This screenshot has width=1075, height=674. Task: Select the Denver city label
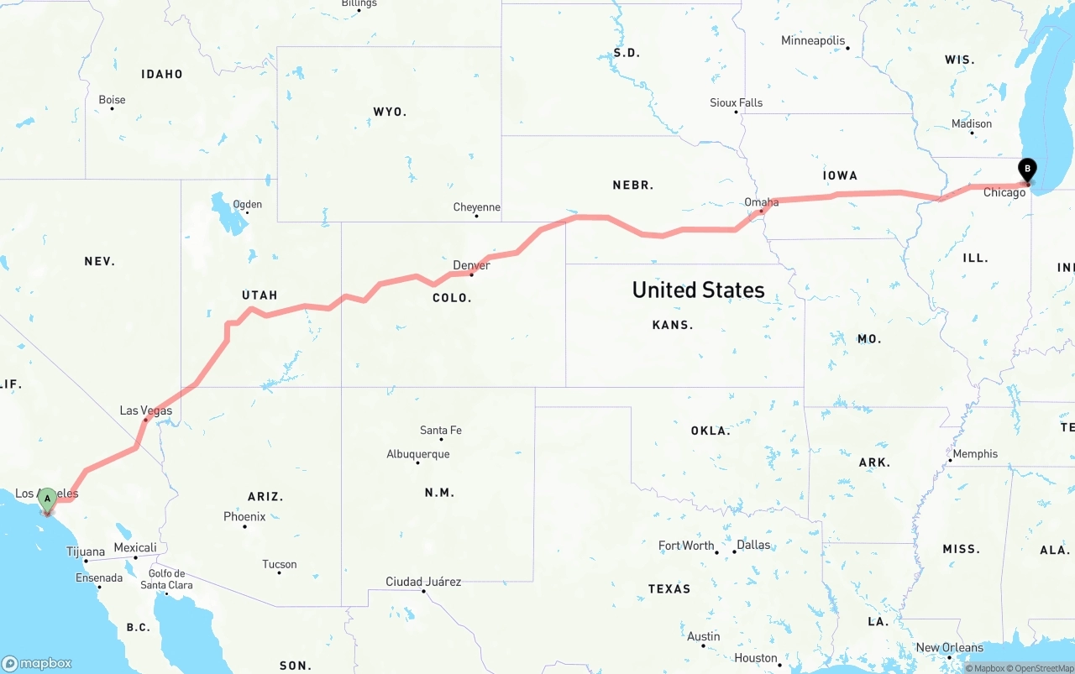(x=471, y=265)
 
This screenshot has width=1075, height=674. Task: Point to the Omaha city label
(x=761, y=202)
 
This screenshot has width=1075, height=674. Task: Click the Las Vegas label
(x=146, y=410)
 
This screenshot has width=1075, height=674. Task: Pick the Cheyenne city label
(x=476, y=207)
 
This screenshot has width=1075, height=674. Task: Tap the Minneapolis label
(x=812, y=40)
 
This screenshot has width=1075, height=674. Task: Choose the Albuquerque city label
(x=418, y=454)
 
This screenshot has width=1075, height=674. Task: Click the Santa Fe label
(x=440, y=431)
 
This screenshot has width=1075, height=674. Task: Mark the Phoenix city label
(x=244, y=517)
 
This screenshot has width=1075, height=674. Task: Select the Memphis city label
(x=975, y=454)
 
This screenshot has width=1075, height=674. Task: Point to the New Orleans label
(x=949, y=648)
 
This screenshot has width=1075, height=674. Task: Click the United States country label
(x=698, y=290)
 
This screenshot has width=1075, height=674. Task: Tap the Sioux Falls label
(x=737, y=103)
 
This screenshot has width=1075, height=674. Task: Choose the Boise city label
(x=112, y=100)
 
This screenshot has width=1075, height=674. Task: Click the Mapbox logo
(x=37, y=663)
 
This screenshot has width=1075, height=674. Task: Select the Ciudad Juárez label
(x=423, y=582)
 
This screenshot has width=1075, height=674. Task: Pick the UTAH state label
(x=260, y=295)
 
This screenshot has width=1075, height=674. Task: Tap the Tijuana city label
(x=86, y=552)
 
